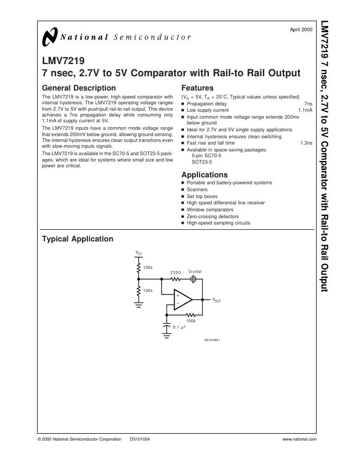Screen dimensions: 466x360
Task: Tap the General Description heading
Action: point(78,88)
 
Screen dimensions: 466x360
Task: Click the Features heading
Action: point(197,88)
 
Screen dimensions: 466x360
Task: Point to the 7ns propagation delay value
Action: point(308,104)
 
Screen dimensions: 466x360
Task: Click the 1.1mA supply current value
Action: point(305,110)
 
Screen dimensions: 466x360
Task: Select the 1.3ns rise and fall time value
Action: point(306,143)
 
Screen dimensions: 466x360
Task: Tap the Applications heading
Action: point(204,175)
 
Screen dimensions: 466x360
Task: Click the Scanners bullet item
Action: point(197,190)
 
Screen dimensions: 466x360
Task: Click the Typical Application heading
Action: point(77,239)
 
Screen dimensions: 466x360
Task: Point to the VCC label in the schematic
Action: point(139,254)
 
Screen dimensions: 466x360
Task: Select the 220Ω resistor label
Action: point(175,272)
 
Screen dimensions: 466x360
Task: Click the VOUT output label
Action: point(217,300)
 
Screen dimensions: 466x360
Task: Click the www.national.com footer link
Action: point(300,440)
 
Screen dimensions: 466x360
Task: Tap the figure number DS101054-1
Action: point(212,340)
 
